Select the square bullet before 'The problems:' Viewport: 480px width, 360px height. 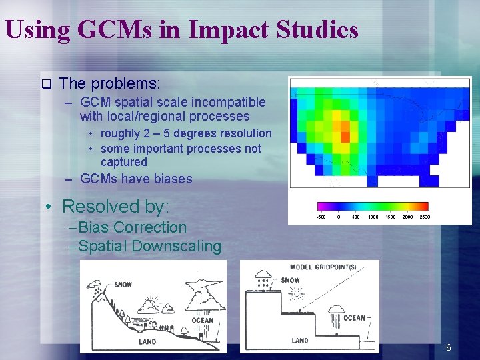pos(46,84)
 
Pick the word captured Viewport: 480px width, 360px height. pos(124,162)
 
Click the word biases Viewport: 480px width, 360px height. pos(173,179)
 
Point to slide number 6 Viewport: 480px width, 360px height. pos(449,347)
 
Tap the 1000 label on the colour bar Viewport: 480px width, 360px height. pos(373,217)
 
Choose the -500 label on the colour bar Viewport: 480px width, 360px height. pos(321,217)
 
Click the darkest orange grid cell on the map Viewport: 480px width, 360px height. pos(345,137)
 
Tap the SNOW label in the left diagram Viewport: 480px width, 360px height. pos(123,285)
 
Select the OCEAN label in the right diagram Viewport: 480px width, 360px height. pos(354,318)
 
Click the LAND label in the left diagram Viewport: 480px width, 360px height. pos(147,342)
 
